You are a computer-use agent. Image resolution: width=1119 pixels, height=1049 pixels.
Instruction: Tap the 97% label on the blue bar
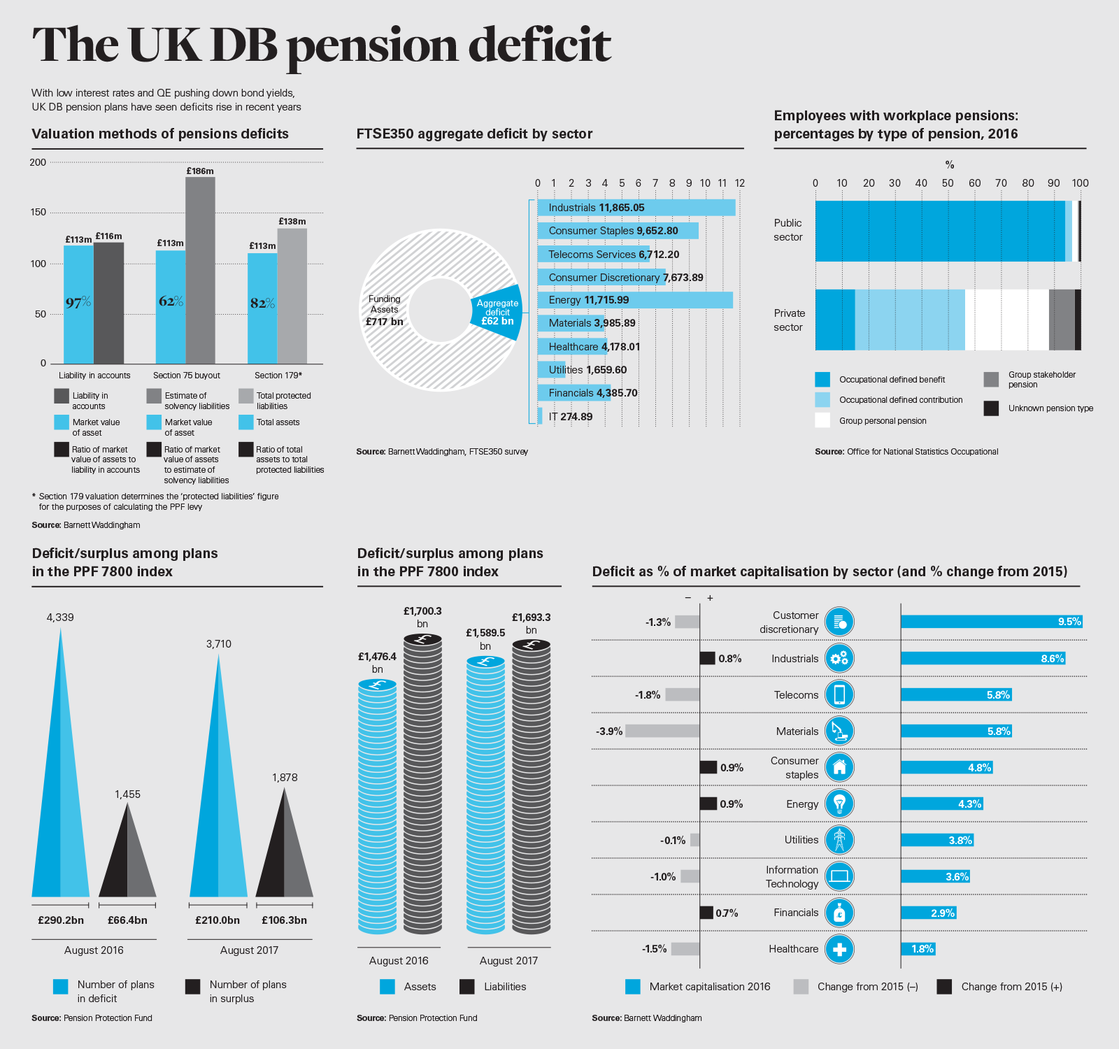pos(78,302)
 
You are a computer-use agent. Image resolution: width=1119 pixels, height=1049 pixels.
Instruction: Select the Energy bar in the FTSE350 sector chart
pos(634,300)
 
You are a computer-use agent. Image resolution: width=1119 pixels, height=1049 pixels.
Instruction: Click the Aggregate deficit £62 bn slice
pos(497,313)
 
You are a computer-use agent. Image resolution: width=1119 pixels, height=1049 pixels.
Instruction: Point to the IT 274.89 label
pos(570,417)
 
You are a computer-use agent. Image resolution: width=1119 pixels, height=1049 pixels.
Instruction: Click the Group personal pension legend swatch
pos(822,420)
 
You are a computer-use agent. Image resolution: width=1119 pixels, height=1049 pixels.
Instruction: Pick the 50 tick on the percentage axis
pos(948,183)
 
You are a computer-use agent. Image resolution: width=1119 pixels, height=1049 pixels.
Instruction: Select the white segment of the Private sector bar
pos(1006,320)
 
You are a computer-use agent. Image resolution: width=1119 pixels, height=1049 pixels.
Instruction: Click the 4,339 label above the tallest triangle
pos(60,618)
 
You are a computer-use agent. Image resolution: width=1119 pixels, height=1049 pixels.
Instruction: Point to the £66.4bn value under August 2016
pos(127,920)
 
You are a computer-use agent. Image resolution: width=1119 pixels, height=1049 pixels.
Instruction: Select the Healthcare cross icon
pos(839,949)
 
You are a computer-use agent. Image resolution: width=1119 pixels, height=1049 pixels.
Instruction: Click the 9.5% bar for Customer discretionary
pos(991,622)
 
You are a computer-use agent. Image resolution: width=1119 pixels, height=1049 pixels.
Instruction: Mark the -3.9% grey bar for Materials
pos(662,731)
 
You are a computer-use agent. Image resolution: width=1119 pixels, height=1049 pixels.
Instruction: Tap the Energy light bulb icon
pos(839,804)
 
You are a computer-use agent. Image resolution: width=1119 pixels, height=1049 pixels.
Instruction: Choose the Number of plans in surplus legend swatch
pos(193,987)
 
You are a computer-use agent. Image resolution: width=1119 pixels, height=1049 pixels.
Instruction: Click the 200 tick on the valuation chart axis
pos(38,162)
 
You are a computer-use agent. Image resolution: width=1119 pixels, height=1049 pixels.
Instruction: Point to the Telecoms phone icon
pos(839,694)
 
